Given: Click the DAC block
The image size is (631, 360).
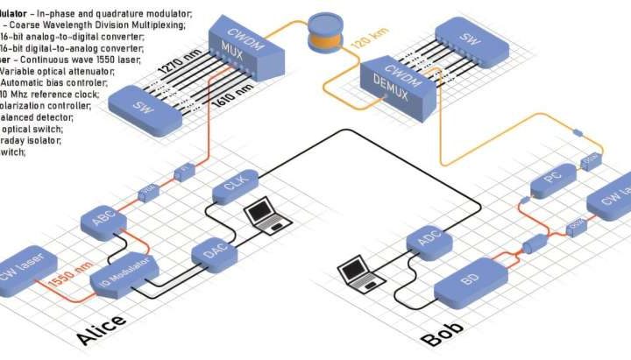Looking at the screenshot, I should click(214, 251).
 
